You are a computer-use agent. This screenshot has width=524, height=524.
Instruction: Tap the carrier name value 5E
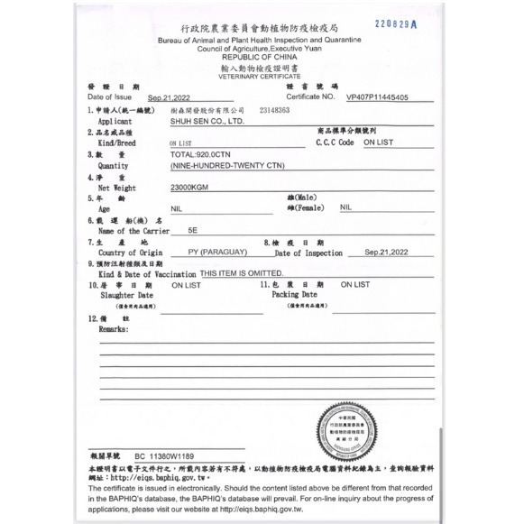(191, 231)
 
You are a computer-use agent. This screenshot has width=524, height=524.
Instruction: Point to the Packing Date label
(295, 294)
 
